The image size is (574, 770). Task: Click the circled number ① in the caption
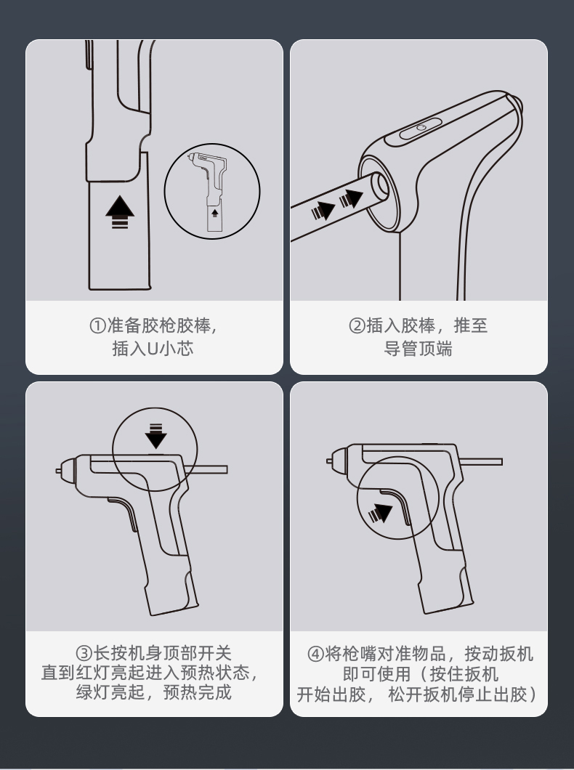(98, 326)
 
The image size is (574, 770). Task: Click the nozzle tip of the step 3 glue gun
(58, 471)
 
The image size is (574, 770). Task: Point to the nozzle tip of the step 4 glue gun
(329, 458)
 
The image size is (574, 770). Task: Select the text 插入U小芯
(153, 349)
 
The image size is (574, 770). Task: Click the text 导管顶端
(418, 349)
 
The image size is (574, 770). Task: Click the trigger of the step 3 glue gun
(123, 516)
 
